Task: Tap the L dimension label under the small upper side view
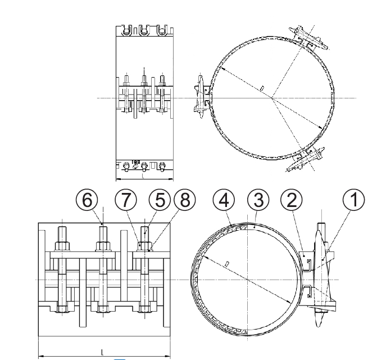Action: click(x=144, y=176)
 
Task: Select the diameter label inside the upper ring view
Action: click(x=262, y=88)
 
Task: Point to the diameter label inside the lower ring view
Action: click(x=225, y=263)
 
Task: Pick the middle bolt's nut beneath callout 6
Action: click(x=103, y=246)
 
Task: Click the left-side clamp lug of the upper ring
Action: click(x=201, y=98)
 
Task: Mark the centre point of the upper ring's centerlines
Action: click(x=272, y=98)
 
